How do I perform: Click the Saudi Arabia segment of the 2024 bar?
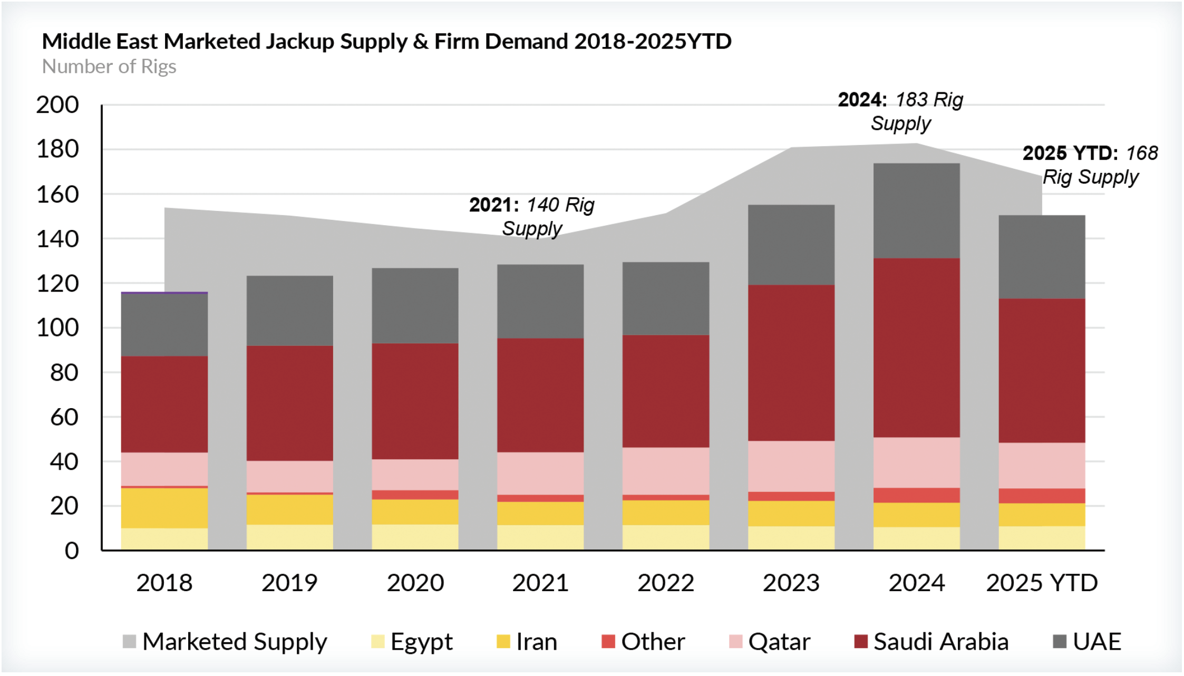click(916, 348)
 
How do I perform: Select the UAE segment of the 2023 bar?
click(791, 245)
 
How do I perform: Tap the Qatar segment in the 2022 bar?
click(665, 471)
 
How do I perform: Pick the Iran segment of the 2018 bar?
click(164, 508)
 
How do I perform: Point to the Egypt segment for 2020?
click(415, 537)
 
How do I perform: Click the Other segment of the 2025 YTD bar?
click(1042, 496)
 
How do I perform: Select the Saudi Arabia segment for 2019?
click(289, 403)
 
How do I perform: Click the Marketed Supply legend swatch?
click(129, 642)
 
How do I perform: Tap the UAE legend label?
click(1096, 642)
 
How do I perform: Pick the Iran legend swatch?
click(503, 642)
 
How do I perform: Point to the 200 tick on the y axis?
click(57, 105)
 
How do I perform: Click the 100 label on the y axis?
click(57, 328)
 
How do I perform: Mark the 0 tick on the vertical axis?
click(72, 551)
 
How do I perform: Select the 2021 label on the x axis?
click(540, 583)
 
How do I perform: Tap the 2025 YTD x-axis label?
click(1042, 583)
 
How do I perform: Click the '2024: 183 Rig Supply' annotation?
click(900, 111)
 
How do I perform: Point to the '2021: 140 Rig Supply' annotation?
click(531, 217)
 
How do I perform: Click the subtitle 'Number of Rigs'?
click(109, 67)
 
